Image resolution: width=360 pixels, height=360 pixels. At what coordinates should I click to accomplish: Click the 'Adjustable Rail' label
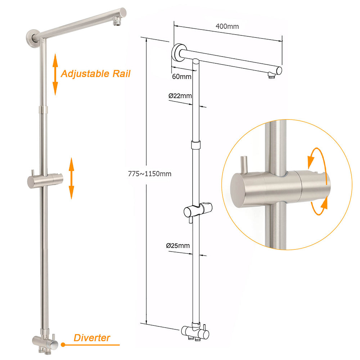[x=95, y=74]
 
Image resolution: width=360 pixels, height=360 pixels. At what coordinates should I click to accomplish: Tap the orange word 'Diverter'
[x=92, y=338]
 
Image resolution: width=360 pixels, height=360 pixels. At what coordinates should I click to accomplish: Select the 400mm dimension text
[x=227, y=26]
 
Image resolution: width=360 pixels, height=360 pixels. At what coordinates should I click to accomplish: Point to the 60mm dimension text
[x=181, y=76]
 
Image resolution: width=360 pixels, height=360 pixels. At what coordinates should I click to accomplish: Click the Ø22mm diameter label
[x=180, y=96]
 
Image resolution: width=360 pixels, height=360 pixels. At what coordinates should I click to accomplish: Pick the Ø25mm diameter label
[x=178, y=246]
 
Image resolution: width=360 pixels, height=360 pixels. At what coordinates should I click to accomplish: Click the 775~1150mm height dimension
[x=149, y=174]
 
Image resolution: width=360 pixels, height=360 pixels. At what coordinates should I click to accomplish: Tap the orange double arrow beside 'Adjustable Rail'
[x=55, y=74]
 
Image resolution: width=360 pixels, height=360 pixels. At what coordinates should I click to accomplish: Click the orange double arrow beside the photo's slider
[x=71, y=178]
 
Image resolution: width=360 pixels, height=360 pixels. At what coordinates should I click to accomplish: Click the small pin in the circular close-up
[x=244, y=164]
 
